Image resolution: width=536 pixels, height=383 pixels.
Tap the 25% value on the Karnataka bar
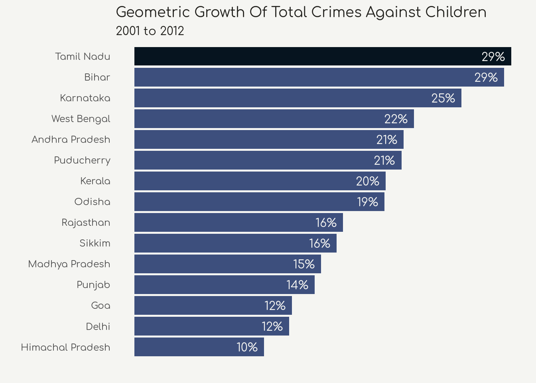(x=443, y=98)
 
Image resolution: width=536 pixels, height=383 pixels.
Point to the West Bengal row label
(x=81, y=119)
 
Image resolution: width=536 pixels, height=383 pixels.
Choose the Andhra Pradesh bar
(x=255, y=140)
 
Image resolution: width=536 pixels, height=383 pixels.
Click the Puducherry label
(x=82, y=160)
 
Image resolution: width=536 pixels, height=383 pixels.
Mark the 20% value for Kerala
(x=368, y=181)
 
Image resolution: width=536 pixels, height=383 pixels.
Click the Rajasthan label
(x=86, y=223)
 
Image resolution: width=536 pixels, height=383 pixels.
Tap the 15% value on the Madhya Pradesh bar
(x=304, y=264)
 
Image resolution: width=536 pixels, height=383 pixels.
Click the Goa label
(x=100, y=306)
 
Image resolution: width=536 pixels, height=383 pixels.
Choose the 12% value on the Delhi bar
(x=272, y=326)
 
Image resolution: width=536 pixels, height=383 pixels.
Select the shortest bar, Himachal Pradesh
(x=191, y=347)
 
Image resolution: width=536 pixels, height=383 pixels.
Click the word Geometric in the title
(x=153, y=12)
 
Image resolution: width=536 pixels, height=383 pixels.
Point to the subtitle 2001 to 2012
(x=150, y=31)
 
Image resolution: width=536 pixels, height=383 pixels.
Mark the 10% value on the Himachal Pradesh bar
(x=247, y=347)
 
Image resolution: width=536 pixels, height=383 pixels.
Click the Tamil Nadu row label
(x=83, y=57)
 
